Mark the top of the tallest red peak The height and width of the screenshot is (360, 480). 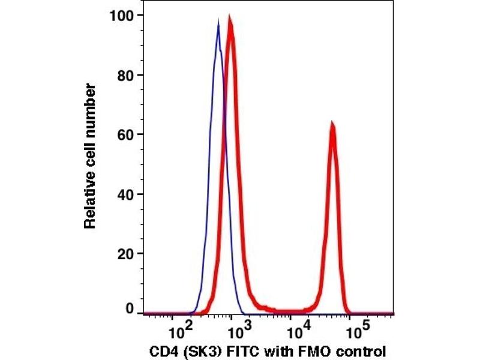tap(230, 20)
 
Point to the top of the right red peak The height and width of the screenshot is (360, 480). tap(331, 124)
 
